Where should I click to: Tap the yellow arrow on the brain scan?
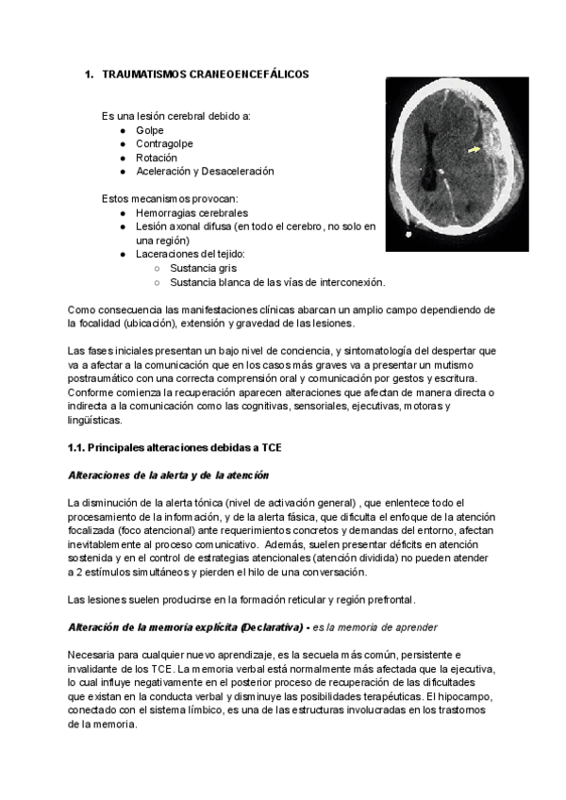[474, 147]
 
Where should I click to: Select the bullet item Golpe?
[149, 129]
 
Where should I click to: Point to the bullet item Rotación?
[156, 158]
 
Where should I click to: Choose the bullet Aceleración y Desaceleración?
[204, 172]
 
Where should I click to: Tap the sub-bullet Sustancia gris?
[203, 268]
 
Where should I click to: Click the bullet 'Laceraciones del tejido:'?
[191, 254]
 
